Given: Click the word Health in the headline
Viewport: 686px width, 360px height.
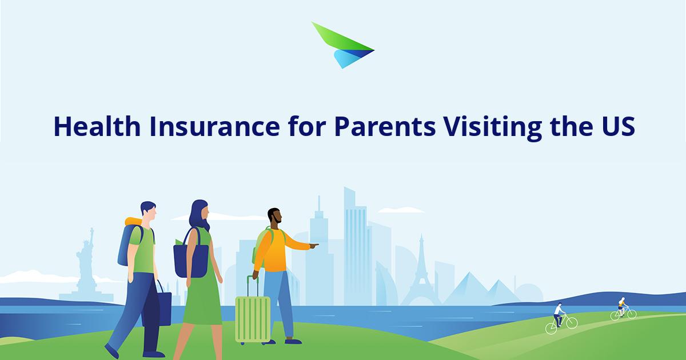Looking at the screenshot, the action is tap(97, 126).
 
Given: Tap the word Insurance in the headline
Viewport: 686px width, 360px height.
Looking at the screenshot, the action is tap(215, 126).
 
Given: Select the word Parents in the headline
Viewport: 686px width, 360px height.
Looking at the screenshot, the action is tap(385, 126).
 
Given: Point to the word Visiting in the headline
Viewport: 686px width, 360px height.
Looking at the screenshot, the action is tap(493, 129).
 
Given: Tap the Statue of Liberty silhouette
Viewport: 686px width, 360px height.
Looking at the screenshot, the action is tap(86, 265).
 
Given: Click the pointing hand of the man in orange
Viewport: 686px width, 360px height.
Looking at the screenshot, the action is tap(314, 245).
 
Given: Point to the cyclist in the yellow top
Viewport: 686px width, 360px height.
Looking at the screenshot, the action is tap(623, 309).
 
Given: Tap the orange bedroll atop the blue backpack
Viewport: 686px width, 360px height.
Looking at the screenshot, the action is tap(134, 221).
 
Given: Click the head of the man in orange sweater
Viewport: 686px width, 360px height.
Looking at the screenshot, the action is tap(275, 215).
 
